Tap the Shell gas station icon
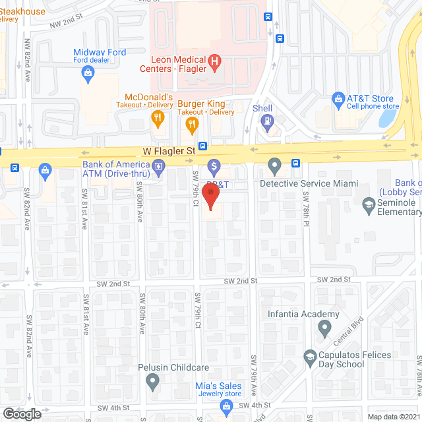point(266,121)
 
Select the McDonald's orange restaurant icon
point(157,119)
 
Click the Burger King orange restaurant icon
point(193,123)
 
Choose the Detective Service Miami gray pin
point(274,164)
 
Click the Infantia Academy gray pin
point(324,328)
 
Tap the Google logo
point(21,413)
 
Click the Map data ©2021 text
point(393,417)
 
